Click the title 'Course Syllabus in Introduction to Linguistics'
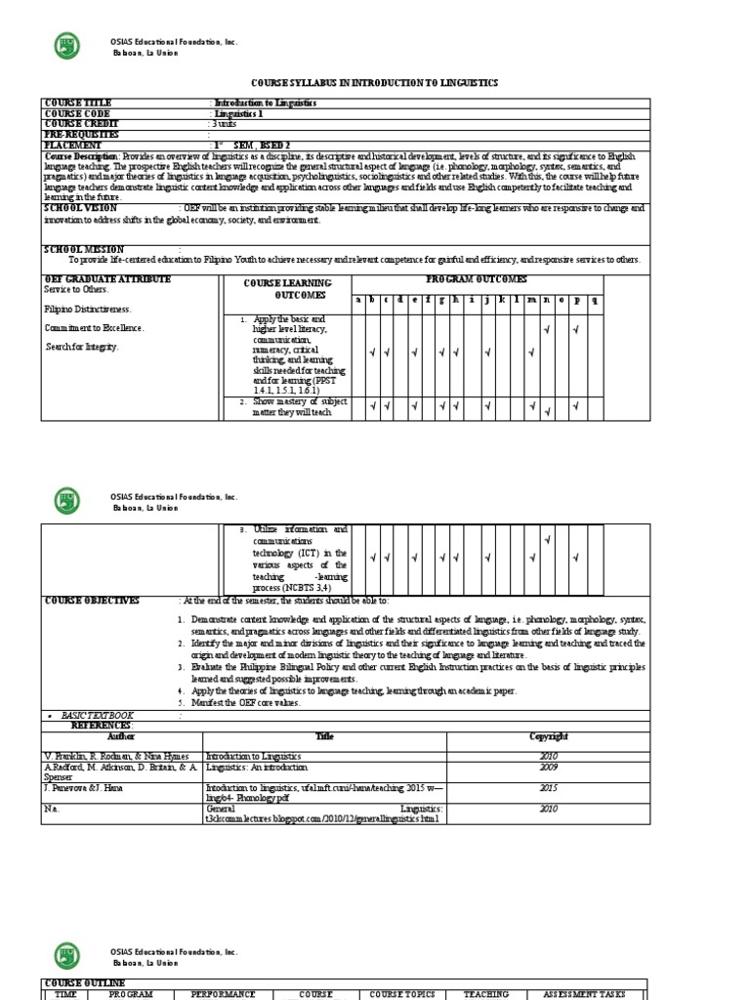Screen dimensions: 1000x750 click(x=375, y=85)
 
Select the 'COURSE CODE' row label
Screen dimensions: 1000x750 click(x=77, y=113)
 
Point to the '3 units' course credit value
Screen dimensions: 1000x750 click(x=226, y=124)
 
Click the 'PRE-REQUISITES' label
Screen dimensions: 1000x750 click(x=81, y=135)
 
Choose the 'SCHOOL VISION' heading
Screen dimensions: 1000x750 click(x=81, y=208)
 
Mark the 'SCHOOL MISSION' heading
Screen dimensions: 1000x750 click(x=83, y=250)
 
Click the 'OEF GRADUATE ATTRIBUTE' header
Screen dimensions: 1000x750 click(x=107, y=279)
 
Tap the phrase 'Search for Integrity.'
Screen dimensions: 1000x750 click(x=83, y=347)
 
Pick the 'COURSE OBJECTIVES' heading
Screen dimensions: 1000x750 click(x=92, y=601)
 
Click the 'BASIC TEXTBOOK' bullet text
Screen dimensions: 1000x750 click(x=98, y=716)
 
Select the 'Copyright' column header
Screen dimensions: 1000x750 click(x=548, y=736)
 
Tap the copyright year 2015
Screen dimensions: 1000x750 click(x=548, y=786)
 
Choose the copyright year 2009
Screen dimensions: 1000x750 click(x=548, y=768)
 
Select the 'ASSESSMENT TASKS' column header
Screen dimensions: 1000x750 click(x=584, y=994)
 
